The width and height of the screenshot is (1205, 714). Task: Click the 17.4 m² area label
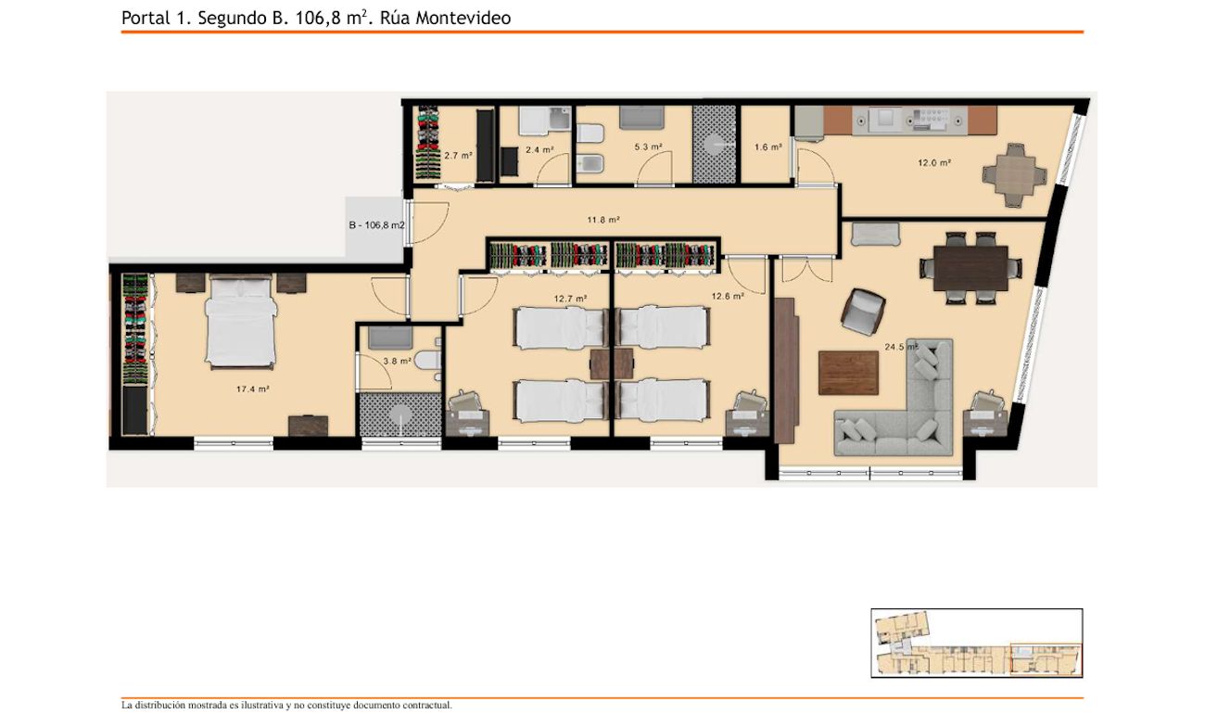252,389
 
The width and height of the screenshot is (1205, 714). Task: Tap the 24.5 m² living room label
901,347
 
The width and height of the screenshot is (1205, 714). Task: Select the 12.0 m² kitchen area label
934,162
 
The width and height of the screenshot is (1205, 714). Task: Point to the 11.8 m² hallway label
603,220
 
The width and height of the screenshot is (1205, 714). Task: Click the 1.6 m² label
767,147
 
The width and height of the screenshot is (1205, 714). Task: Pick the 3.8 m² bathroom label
397,361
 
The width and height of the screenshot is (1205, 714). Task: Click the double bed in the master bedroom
241,322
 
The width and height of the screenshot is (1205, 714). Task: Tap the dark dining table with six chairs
971,268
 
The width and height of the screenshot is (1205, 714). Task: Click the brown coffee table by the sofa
848,373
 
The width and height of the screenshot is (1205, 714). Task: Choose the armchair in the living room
863,312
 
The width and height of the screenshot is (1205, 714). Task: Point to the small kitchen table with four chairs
1015,175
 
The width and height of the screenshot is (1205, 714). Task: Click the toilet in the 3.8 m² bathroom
429,360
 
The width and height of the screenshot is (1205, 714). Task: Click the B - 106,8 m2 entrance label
376,225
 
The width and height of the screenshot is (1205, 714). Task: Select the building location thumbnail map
976,643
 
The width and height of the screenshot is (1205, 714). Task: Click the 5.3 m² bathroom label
648,147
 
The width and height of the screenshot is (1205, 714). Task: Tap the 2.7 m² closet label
458,156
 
